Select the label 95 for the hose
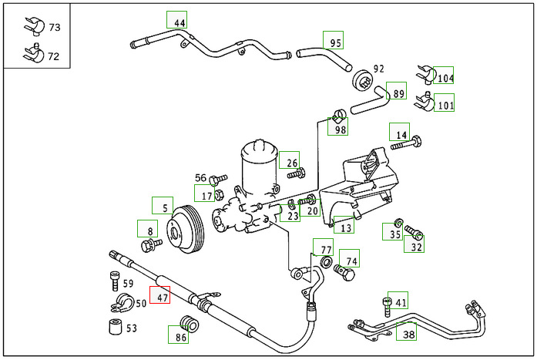coord(334,42)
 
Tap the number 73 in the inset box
coord(55,27)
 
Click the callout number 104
coord(445,78)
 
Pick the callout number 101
coord(445,106)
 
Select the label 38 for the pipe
coord(408,334)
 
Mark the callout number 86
coord(180,336)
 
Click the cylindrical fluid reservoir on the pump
coord(261,166)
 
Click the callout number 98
coord(340,129)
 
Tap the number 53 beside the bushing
coord(132,328)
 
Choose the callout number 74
coord(351,261)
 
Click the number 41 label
coord(401,303)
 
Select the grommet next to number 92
coord(361,80)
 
